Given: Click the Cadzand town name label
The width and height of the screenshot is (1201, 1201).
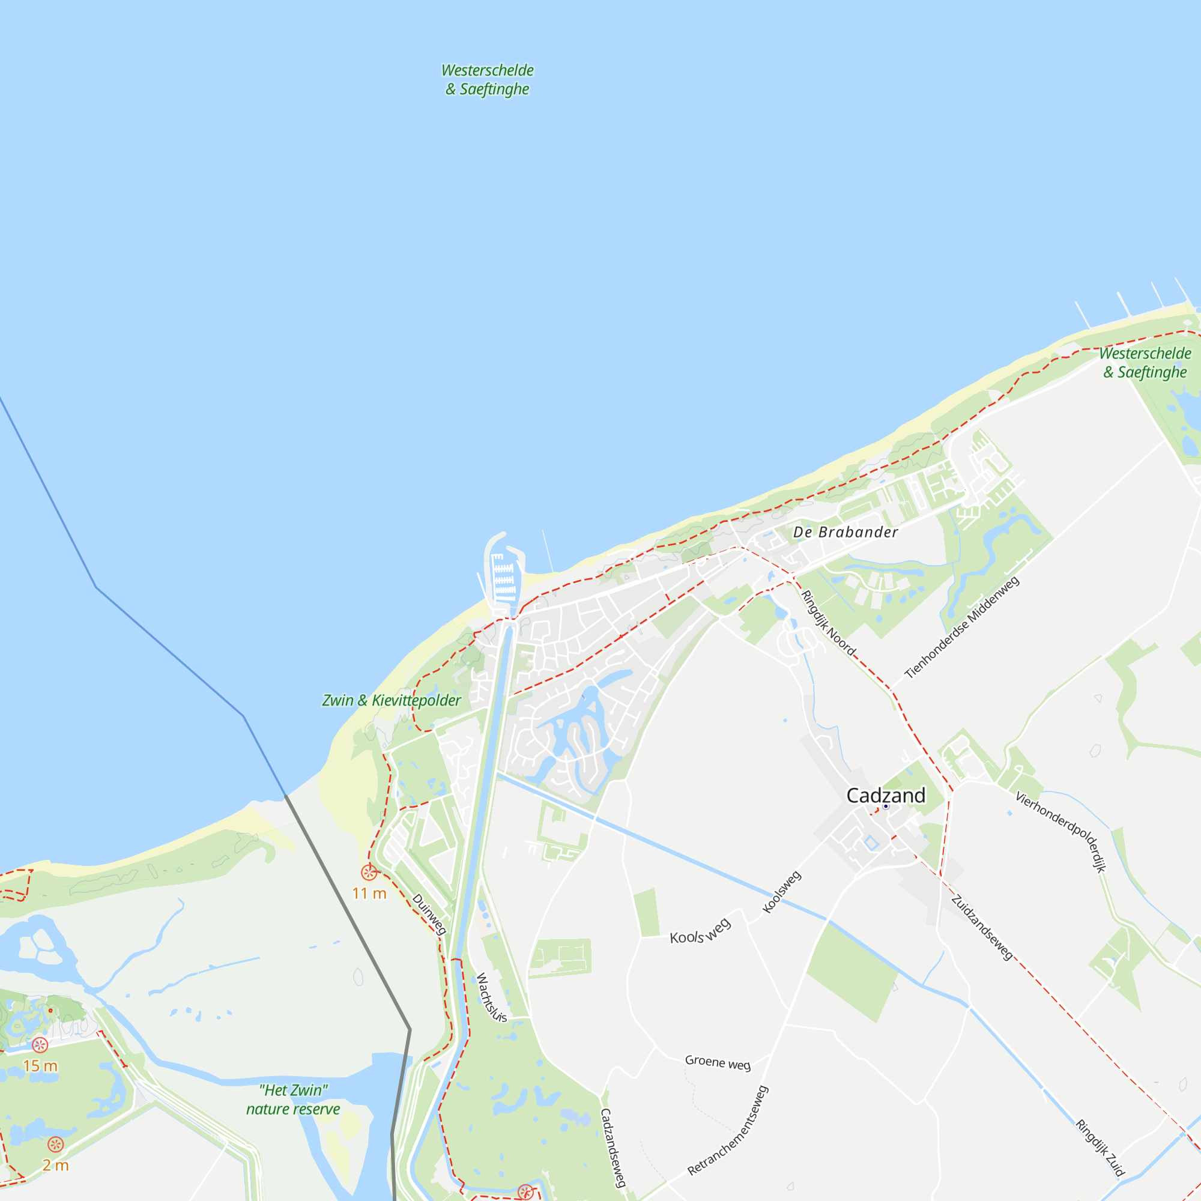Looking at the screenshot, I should coord(886,796).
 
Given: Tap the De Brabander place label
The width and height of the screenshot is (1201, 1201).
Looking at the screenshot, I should coord(846,532).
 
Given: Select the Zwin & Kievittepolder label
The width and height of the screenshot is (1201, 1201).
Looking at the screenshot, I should coord(391,701).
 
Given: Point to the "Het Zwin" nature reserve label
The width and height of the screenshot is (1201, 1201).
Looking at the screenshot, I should coord(293,1100).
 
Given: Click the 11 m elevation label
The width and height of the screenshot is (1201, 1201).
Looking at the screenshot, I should coord(369,894).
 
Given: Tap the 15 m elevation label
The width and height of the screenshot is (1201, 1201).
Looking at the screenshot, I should coord(40,1066).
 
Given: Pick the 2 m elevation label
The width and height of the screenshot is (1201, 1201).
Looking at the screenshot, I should coord(55,1166).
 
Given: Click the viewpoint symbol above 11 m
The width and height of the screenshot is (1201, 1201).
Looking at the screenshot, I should coord(369,873).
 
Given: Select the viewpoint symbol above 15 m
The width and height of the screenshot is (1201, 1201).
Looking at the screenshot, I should coord(40,1045).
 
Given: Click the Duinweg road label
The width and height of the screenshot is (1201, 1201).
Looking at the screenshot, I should coord(429,915).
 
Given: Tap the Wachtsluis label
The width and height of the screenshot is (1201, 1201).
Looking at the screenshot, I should coord(491,997).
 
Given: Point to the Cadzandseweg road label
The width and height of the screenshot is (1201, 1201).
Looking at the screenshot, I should coord(613,1148).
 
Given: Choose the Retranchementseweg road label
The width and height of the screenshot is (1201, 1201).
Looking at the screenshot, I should coord(728,1131).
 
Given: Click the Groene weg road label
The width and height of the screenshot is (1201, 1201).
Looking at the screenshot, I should coord(718,1062).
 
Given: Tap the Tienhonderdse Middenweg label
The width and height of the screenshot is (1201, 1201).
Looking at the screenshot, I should coord(961,628).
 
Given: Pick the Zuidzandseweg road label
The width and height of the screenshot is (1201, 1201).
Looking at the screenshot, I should coord(982,928).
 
